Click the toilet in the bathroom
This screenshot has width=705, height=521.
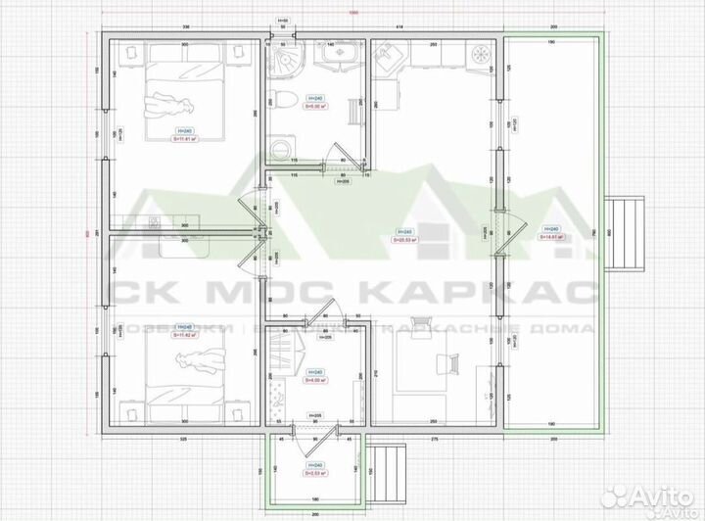tap(280, 98)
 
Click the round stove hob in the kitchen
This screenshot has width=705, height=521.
tap(480, 55)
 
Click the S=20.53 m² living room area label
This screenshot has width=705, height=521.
tap(404, 238)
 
